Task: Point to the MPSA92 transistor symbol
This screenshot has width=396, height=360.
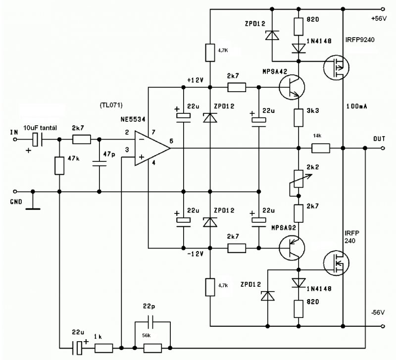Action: tap(293, 246)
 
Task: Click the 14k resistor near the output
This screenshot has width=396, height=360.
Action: tap(321, 148)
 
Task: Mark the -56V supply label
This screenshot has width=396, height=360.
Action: tap(378, 312)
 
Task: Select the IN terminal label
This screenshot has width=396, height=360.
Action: tap(14, 132)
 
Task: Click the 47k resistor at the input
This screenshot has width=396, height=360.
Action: tap(59, 165)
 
